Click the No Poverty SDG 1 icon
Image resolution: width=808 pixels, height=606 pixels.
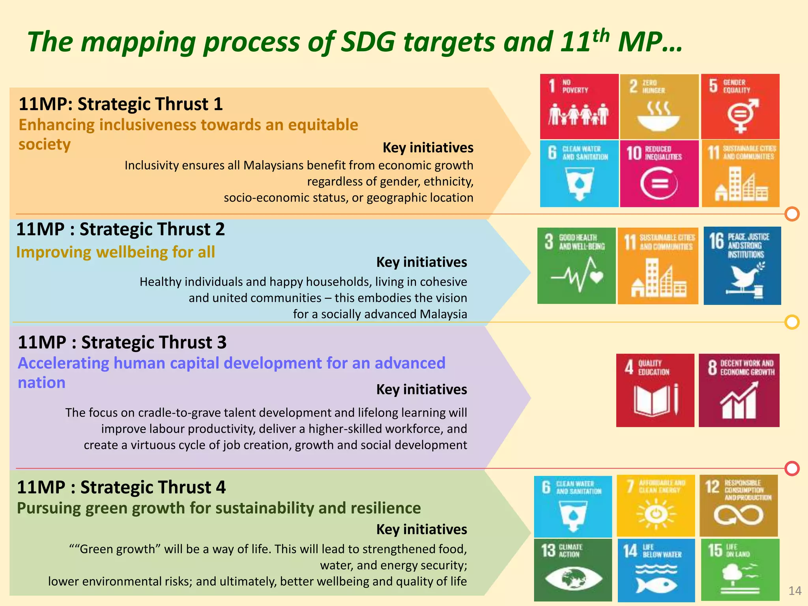[579, 106]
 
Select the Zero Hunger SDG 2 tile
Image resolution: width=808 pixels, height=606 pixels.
[659, 106]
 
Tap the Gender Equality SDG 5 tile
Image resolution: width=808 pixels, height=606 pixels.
[740, 106]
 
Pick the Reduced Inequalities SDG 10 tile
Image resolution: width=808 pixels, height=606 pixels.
[659, 174]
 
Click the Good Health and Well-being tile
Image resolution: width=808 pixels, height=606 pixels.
[576, 266]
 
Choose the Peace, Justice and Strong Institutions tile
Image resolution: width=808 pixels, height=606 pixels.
[742, 266]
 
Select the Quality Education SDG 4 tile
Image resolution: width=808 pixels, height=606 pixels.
[655, 390]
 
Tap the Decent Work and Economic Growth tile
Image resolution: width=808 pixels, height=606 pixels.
[739, 390]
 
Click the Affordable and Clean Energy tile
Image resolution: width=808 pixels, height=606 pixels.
[656, 505]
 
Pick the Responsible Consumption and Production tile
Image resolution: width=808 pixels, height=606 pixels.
[739, 505]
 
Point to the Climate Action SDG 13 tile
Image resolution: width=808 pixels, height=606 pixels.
[573, 570]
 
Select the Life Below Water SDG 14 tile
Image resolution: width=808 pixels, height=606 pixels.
[656, 570]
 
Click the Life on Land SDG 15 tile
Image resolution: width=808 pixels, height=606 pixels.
[740, 570]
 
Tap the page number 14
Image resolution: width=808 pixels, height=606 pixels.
[795, 591]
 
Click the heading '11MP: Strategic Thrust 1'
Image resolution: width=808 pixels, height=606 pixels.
[121, 104]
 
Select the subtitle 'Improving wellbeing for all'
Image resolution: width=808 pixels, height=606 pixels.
[116, 252]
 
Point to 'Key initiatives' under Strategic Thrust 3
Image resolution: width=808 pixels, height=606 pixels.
[421, 389]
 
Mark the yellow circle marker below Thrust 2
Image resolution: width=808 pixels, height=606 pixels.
[792, 322]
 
